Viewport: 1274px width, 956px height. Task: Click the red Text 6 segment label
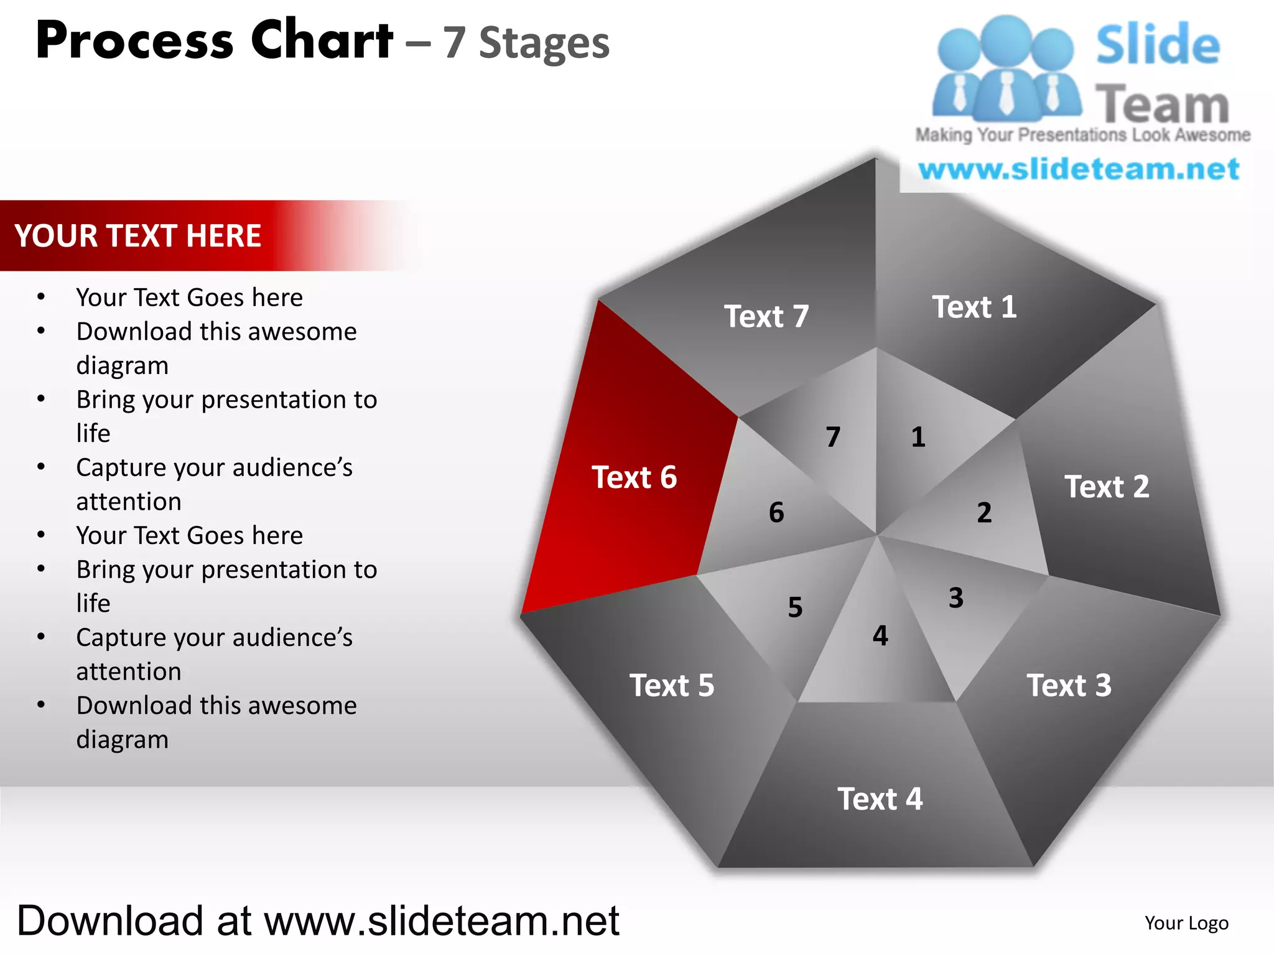point(634,477)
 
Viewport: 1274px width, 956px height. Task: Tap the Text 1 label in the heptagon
point(974,307)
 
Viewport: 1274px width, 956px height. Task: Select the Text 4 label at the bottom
point(880,799)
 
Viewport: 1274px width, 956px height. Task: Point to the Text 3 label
point(1069,685)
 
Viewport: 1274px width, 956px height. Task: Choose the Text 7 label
point(766,316)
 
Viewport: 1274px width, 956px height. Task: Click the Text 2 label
point(1107,486)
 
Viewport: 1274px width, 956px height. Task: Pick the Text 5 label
point(672,685)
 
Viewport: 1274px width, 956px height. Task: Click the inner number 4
point(880,635)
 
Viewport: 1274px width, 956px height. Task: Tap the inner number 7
point(833,437)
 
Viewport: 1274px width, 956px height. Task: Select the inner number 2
point(984,513)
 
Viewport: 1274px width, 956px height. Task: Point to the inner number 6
point(776,513)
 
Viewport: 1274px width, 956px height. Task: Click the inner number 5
point(795,607)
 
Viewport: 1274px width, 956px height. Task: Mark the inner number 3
point(956,598)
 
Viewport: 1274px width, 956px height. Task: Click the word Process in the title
point(134,41)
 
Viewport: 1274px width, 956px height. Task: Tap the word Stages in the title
point(544,44)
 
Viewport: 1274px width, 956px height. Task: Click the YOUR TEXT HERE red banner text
point(138,236)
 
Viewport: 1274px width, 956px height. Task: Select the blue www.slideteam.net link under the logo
point(1079,169)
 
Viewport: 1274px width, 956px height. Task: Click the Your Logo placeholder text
point(1186,923)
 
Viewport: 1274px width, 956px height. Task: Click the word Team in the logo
point(1162,105)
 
